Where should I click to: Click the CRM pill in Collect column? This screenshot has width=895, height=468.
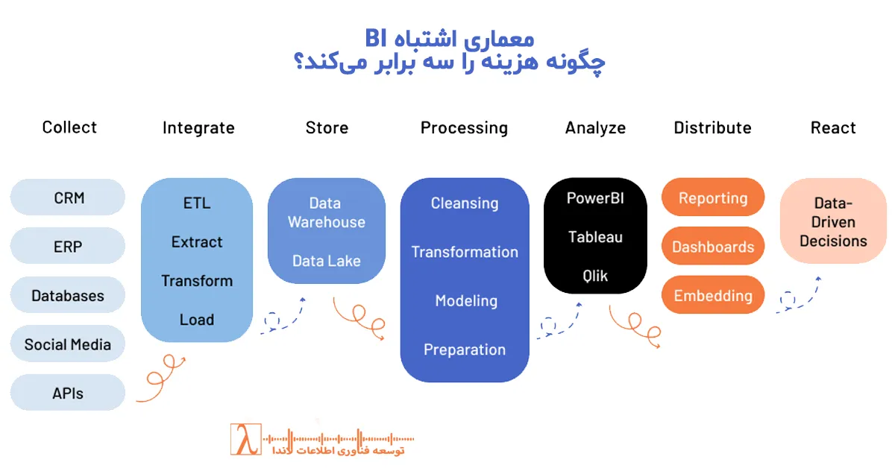click(68, 198)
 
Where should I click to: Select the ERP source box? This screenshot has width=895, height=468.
click(68, 247)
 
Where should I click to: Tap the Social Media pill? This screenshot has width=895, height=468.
click(68, 344)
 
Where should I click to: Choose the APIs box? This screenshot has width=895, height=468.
click(68, 393)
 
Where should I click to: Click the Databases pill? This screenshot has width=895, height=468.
click(68, 296)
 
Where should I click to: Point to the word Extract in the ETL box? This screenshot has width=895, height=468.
click(197, 242)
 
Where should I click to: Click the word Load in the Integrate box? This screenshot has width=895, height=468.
click(197, 320)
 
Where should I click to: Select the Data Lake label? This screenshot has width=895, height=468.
click(326, 261)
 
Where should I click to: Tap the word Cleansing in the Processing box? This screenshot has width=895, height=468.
click(465, 203)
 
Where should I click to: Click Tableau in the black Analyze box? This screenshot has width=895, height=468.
click(595, 237)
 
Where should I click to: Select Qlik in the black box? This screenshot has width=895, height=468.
click(595, 276)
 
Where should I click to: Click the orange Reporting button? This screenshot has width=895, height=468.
click(713, 198)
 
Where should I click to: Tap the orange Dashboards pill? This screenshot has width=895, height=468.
click(713, 247)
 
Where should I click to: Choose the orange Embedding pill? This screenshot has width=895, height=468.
click(713, 296)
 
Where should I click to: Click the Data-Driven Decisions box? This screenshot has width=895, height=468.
click(833, 221)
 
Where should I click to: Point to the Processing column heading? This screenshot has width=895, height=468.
click(464, 128)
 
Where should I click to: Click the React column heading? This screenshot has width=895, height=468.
click(833, 128)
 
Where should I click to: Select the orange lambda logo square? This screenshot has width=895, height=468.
click(245, 440)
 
